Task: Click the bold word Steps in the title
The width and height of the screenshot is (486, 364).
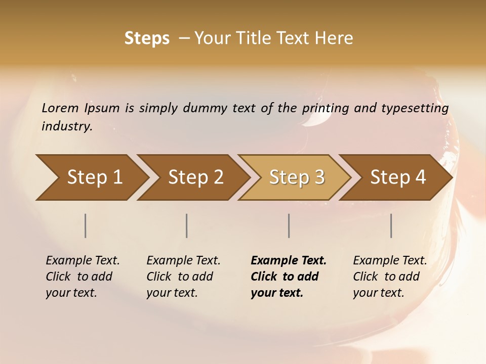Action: coord(147,38)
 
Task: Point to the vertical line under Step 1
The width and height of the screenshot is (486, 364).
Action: coord(86,225)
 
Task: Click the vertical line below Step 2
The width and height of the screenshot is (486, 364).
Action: coord(187,225)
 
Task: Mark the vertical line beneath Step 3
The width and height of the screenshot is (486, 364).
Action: coord(289,225)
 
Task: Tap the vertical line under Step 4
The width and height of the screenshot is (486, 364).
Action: coord(391,225)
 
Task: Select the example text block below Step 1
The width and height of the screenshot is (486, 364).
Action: coord(82,277)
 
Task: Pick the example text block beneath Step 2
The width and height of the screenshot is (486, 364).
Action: coord(183,277)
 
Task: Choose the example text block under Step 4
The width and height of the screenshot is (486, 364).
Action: coord(389,277)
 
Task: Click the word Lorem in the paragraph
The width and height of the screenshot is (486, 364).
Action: coord(60,108)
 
